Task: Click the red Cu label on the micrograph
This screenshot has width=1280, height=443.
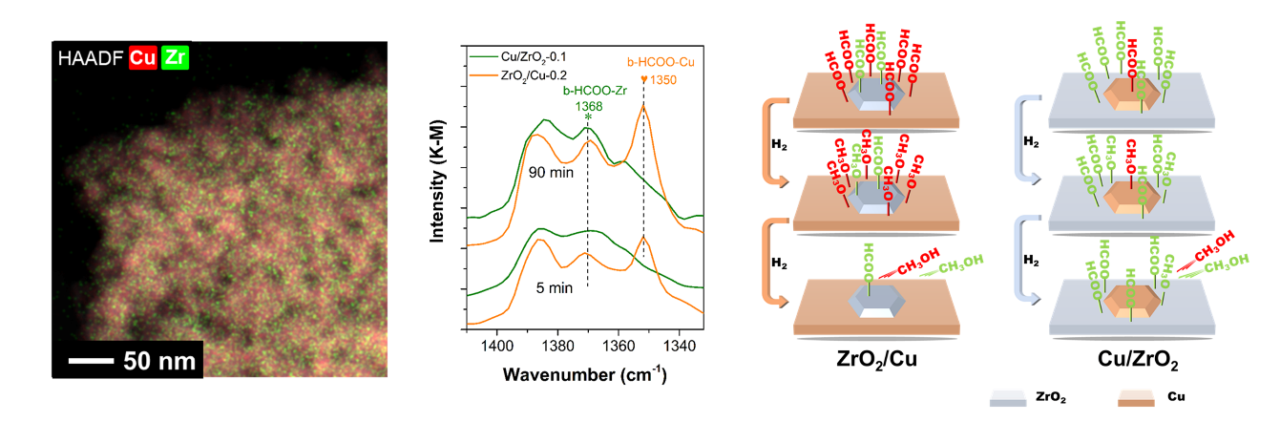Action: point(143,57)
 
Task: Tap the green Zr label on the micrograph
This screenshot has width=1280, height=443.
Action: point(176,57)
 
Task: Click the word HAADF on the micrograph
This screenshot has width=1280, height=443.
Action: point(92,57)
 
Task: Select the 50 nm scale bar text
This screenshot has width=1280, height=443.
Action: point(158,361)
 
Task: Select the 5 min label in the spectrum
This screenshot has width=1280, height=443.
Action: point(555,288)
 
